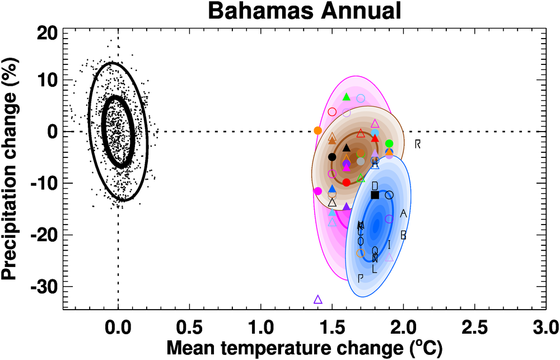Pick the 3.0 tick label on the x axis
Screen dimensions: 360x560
(x=545, y=325)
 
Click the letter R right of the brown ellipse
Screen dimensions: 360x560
(x=418, y=144)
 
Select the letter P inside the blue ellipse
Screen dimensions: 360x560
(x=361, y=278)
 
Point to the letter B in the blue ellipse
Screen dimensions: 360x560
(x=403, y=236)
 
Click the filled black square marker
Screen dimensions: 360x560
(x=375, y=195)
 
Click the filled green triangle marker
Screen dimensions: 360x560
(x=346, y=97)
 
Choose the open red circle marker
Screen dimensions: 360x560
(x=332, y=111)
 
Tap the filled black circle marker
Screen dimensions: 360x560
(x=332, y=157)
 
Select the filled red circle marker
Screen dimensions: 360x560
(x=346, y=183)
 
